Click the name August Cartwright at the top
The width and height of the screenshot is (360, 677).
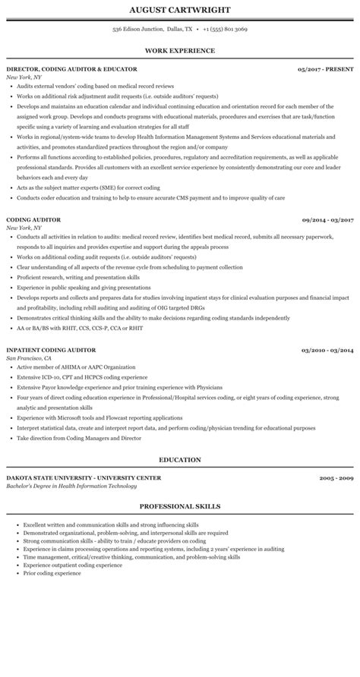(180, 10)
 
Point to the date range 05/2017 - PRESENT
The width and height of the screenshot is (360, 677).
(326, 69)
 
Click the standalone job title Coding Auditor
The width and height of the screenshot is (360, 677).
(33, 219)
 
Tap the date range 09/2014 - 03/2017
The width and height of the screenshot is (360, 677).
(327, 219)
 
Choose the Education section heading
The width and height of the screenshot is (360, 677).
(180, 459)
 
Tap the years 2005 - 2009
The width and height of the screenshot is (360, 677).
(336, 478)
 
